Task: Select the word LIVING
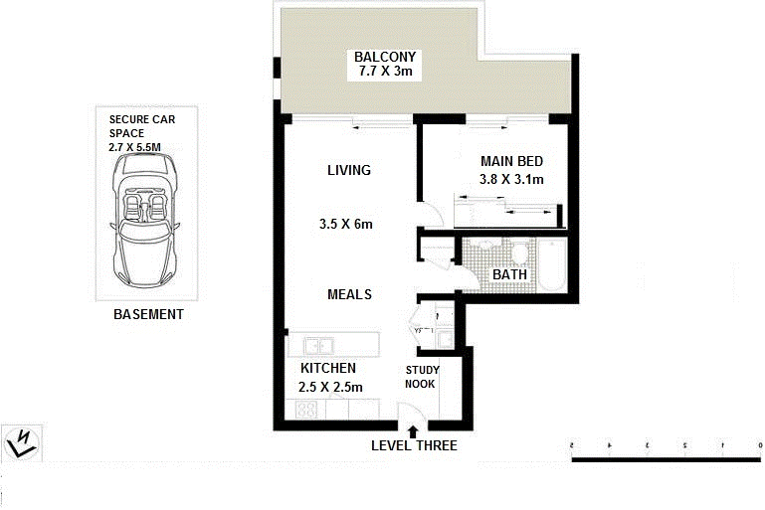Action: tap(348, 170)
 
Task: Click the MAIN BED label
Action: tap(511, 162)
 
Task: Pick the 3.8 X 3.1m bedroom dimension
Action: tap(511, 180)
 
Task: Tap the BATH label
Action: tap(509, 274)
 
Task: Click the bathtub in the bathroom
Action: tap(552, 265)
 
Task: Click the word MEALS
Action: tap(349, 294)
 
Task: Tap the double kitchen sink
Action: tap(318, 346)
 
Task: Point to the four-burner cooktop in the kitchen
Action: tap(307, 410)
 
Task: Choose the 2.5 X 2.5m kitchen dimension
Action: tap(330, 388)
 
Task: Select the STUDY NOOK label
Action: tap(422, 377)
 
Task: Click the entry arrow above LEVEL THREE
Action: tap(414, 430)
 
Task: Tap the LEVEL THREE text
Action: tap(414, 446)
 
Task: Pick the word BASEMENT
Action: tap(148, 314)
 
